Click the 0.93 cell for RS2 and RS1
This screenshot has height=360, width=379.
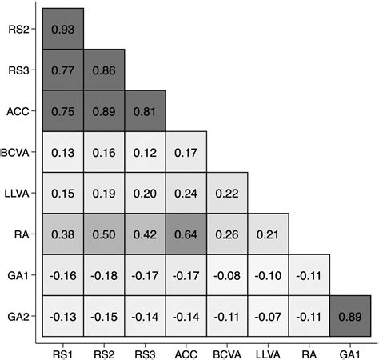63,29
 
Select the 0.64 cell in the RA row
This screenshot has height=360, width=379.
186,234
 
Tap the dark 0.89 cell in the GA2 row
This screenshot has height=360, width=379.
350,316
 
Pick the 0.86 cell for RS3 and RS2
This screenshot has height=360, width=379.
104,70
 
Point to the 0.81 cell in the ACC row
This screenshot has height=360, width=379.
145,111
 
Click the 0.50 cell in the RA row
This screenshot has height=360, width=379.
104,234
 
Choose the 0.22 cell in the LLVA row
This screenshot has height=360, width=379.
227,194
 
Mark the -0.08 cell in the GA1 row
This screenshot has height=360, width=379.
227,275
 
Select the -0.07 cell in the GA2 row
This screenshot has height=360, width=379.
268,316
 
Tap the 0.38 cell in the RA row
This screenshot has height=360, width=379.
63,234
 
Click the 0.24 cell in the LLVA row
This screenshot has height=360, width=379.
186,194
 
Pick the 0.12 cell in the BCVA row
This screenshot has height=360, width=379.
145,152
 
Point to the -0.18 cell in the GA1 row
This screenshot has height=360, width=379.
104,275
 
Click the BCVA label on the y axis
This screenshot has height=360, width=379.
17,152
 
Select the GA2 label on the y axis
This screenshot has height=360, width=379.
18,316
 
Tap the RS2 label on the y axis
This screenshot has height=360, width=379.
18,29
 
